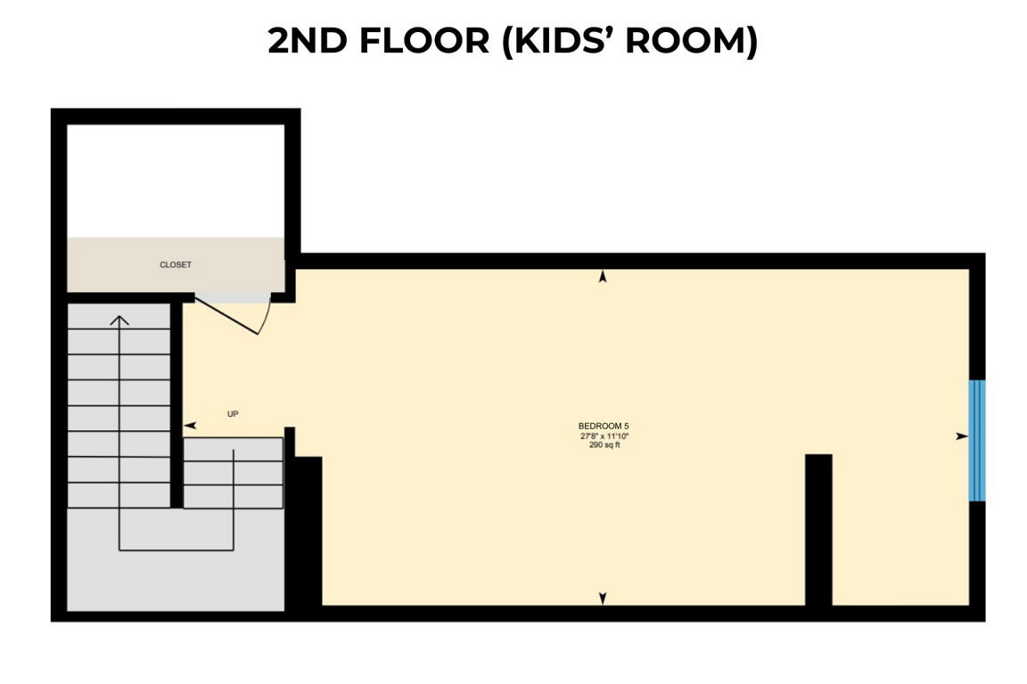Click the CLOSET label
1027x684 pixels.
point(176,265)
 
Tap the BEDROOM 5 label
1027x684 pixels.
point(604,426)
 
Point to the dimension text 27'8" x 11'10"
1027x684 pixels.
point(604,436)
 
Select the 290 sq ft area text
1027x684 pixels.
point(604,445)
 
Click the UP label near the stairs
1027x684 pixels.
point(233,413)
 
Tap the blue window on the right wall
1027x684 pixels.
point(976,441)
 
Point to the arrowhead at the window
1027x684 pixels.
point(962,436)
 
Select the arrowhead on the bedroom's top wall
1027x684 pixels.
point(603,276)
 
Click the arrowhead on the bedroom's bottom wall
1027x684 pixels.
point(603,598)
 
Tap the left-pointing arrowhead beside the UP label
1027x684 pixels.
point(190,426)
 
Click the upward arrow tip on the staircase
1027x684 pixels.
point(119,317)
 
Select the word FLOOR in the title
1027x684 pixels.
point(424,41)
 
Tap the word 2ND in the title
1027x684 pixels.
point(308,41)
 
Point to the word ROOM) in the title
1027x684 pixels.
point(692,41)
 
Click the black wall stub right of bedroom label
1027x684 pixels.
point(818,530)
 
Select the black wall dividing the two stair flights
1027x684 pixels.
point(177,404)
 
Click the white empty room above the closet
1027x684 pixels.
point(176,181)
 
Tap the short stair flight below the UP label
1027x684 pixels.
point(234,473)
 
